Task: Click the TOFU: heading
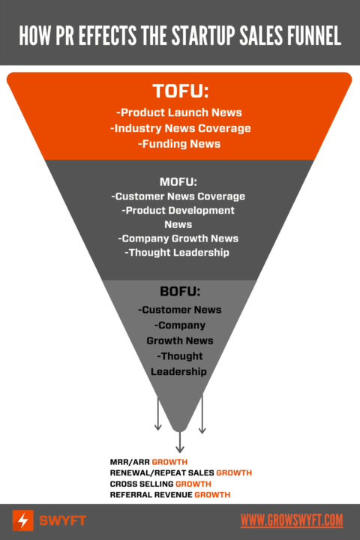(x=180, y=91)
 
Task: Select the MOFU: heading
(x=180, y=181)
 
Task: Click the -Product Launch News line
(x=180, y=113)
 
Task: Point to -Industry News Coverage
(x=180, y=128)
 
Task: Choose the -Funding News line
(x=180, y=143)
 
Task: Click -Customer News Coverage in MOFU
(x=178, y=196)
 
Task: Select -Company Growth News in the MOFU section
(x=178, y=238)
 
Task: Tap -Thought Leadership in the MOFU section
(x=178, y=253)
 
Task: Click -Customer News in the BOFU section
(x=180, y=310)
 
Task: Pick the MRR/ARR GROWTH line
(x=148, y=462)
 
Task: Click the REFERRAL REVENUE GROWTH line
(x=169, y=496)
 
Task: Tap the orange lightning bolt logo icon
(x=23, y=520)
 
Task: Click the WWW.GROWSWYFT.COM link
(x=292, y=520)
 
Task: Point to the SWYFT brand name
(x=62, y=520)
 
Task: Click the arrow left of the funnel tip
(x=158, y=414)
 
